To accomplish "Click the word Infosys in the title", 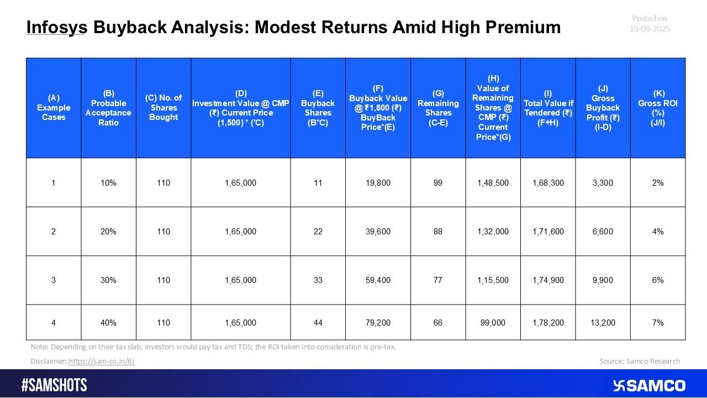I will [x=56, y=27].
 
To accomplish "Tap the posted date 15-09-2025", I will [x=650, y=28].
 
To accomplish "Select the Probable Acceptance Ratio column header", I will [x=108, y=108].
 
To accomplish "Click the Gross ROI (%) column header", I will [x=657, y=108].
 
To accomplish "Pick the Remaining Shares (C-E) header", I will [x=437, y=108].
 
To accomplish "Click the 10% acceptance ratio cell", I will [x=108, y=183].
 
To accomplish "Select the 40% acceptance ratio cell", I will [x=108, y=322].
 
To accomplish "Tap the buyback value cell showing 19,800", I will [x=378, y=183].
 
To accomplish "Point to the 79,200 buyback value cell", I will [x=378, y=322].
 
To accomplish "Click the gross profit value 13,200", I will [x=603, y=322].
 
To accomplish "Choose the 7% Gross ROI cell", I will [x=657, y=322].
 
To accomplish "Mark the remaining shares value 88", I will [x=437, y=232].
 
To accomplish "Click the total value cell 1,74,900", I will [x=548, y=280].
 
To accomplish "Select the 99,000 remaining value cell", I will [x=493, y=322].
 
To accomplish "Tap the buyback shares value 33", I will [x=318, y=280].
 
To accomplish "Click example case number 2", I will [x=54, y=232].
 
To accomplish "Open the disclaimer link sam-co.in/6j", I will [x=101, y=362].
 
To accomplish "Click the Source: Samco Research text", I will [x=640, y=362].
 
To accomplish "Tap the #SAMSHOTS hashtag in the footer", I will [x=54, y=385].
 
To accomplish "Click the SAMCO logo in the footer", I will [x=649, y=385].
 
